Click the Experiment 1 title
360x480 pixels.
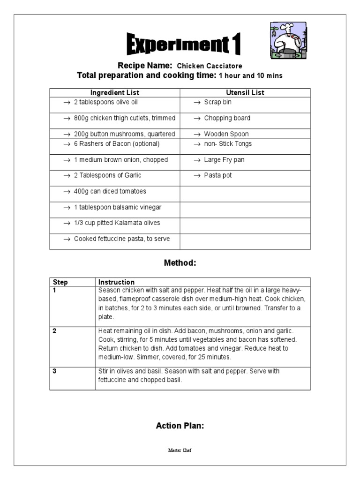(x=184, y=45)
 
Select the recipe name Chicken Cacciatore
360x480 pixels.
(x=209, y=66)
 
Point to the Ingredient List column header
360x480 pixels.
(x=115, y=93)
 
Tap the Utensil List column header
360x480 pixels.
(x=245, y=93)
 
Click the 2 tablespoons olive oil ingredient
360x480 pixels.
(x=105, y=102)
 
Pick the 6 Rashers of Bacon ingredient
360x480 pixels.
(x=116, y=144)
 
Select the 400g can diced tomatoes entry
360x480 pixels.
(x=110, y=191)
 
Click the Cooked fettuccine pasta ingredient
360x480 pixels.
(x=121, y=239)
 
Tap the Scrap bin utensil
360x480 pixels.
(x=217, y=102)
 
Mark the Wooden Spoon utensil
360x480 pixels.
(x=226, y=134)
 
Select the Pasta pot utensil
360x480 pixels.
(x=217, y=175)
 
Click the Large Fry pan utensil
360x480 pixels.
(x=224, y=160)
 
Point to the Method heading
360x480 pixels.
(x=180, y=263)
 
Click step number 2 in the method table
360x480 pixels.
(x=55, y=331)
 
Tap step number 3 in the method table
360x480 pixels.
(x=55, y=371)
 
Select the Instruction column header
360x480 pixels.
(x=116, y=282)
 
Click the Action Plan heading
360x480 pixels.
(x=180, y=426)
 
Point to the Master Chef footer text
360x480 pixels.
(x=180, y=450)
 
